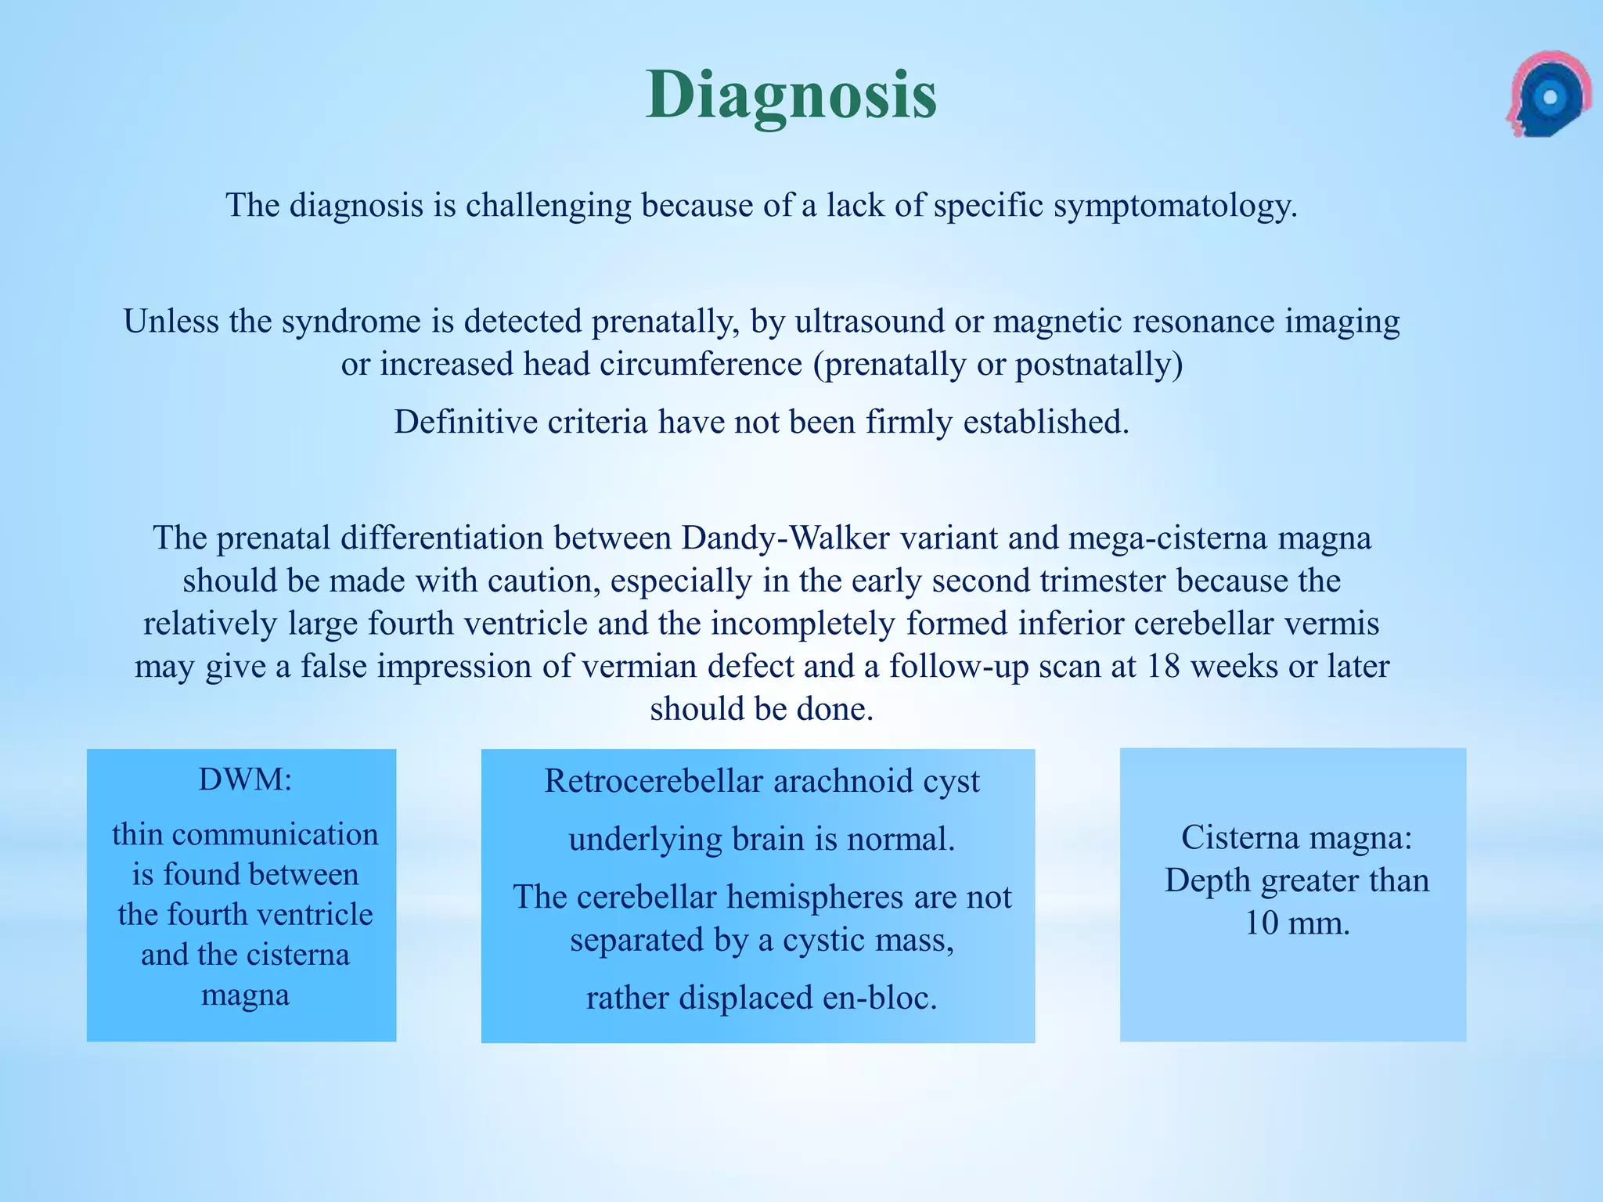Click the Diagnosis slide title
791,95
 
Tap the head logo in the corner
1547,95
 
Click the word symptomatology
1175,206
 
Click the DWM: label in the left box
245,779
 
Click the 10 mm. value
1297,923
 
